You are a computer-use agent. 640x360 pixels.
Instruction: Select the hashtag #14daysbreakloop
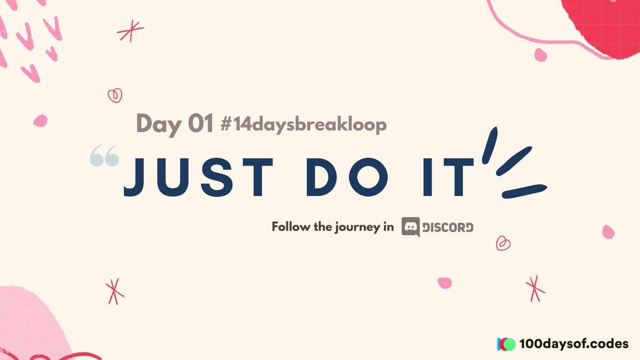pyautogui.click(x=303, y=125)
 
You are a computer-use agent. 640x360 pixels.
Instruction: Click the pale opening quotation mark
pyautogui.click(x=105, y=158)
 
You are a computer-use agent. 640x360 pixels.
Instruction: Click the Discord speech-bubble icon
pyautogui.click(x=411, y=227)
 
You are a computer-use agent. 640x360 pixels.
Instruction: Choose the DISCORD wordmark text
pyautogui.click(x=447, y=227)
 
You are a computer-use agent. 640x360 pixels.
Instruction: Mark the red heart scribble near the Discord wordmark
pyautogui.click(x=503, y=243)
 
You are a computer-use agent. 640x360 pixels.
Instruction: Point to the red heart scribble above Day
pyautogui.click(x=115, y=95)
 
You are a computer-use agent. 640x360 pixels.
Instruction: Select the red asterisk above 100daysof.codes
pyautogui.click(x=534, y=288)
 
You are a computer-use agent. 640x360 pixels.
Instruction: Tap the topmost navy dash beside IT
pyautogui.click(x=490, y=144)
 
